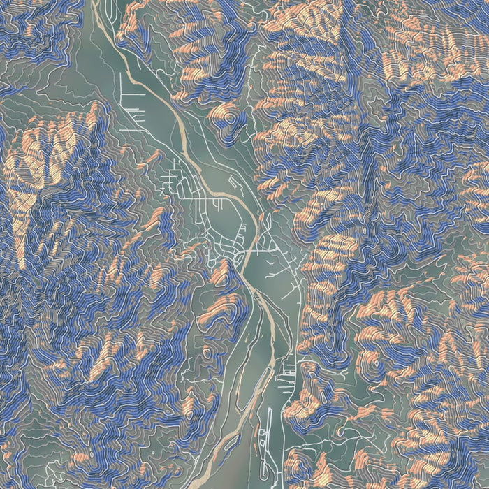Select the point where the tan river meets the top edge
[94, 2]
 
